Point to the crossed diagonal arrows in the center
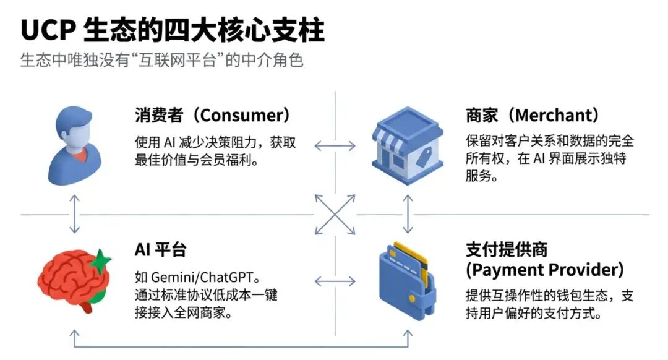(x=335, y=215)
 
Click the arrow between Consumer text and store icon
(x=335, y=146)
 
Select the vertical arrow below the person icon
(x=74, y=214)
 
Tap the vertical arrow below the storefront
(x=407, y=214)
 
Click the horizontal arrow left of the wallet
(x=335, y=281)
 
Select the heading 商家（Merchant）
(x=532, y=116)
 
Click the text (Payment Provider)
(x=544, y=270)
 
